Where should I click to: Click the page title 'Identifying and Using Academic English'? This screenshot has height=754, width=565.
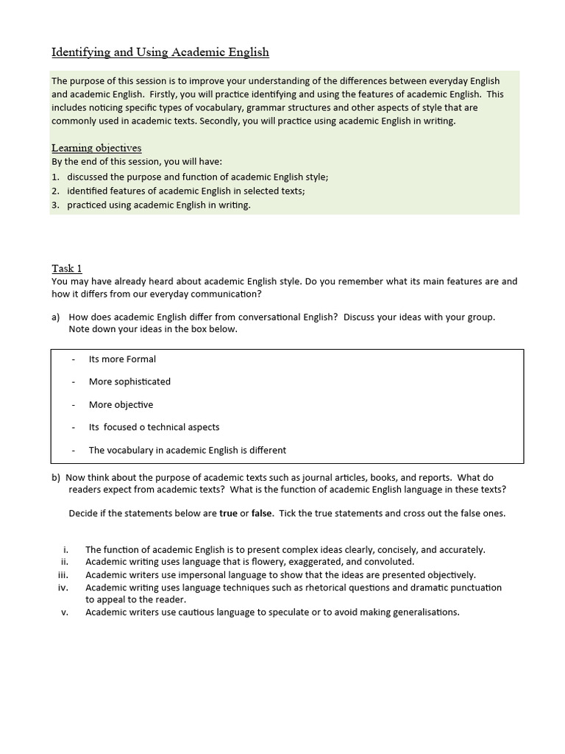point(160,52)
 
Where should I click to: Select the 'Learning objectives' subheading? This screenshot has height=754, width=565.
point(96,148)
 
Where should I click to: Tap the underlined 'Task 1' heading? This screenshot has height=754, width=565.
point(72,268)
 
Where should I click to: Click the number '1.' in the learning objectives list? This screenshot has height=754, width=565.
point(56,177)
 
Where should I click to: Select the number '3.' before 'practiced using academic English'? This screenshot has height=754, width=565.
point(56,205)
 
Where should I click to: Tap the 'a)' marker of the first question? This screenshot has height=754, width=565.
point(56,317)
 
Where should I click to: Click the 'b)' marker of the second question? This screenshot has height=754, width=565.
point(56,477)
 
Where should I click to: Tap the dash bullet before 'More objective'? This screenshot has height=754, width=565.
point(74,405)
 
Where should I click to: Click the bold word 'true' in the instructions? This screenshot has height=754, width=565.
point(230,513)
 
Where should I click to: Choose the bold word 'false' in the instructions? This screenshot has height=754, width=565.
point(261,513)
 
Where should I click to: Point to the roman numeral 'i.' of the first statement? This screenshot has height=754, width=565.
point(65,550)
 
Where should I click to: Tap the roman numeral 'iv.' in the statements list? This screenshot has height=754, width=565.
point(63,588)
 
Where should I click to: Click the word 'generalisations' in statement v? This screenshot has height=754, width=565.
point(424,612)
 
